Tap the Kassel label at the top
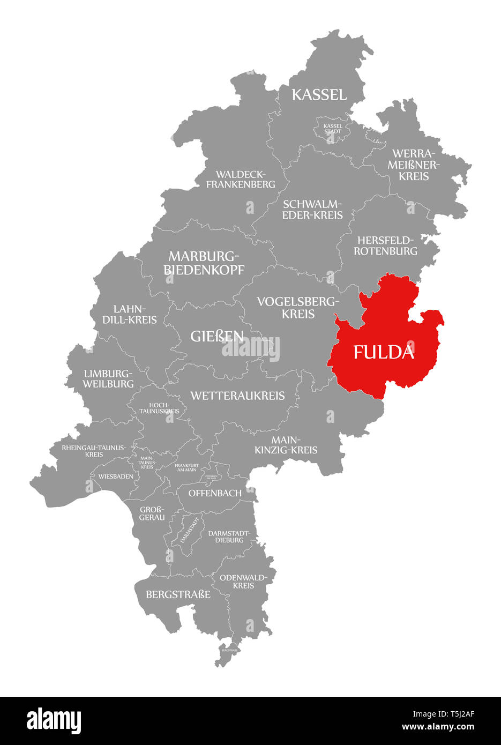click(x=319, y=95)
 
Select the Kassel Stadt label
click(x=332, y=129)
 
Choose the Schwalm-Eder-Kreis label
click(x=312, y=210)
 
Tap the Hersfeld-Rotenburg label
click(x=386, y=245)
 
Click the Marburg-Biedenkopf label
click(x=204, y=262)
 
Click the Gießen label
click(x=217, y=336)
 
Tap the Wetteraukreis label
click(x=237, y=396)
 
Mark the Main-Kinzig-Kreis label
click(x=286, y=445)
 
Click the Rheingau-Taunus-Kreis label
click(x=94, y=451)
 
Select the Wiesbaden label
click(x=116, y=476)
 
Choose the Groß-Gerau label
click(x=152, y=513)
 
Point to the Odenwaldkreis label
click(x=243, y=581)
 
